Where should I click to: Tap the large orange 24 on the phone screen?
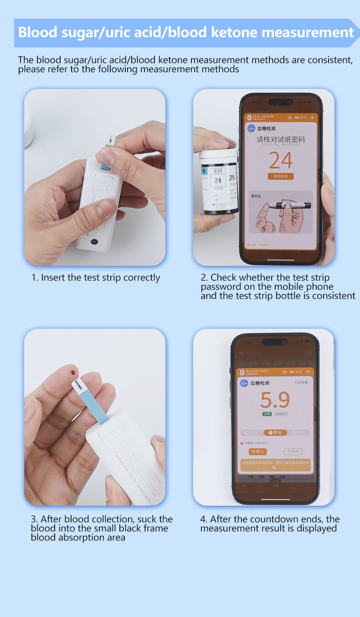280,161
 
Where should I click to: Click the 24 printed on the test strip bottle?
218,180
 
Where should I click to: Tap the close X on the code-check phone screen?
312,118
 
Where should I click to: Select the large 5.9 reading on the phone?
275,400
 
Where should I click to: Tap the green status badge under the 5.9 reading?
267,414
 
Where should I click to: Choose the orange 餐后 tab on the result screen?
275,432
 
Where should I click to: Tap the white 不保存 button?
293,451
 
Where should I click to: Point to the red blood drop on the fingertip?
72,373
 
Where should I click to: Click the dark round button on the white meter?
94,242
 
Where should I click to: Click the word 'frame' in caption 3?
155,529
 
